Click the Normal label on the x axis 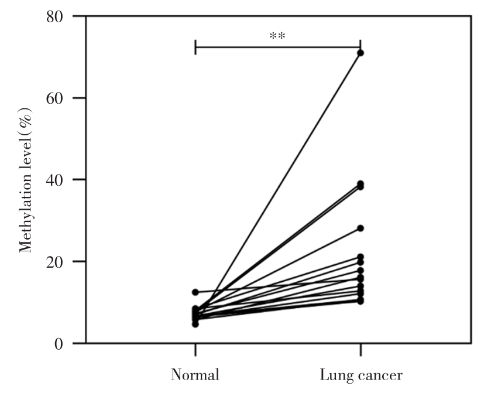click(x=195, y=375)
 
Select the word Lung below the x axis click(x=333, y=375)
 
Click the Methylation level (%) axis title click(x=26, y=179)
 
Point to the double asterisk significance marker click(x=277, y=36)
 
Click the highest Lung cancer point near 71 click(x=361, y=53)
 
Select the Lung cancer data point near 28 click(x=361, y=228)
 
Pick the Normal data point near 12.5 click(x=195, y=292)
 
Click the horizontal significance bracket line click(x=277, y=47)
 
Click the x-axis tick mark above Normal click(x=195, y=350)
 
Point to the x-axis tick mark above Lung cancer click(x=361, y=350)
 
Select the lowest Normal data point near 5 click(x=195, y=324)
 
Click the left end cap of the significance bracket click(x=195, y=47)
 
